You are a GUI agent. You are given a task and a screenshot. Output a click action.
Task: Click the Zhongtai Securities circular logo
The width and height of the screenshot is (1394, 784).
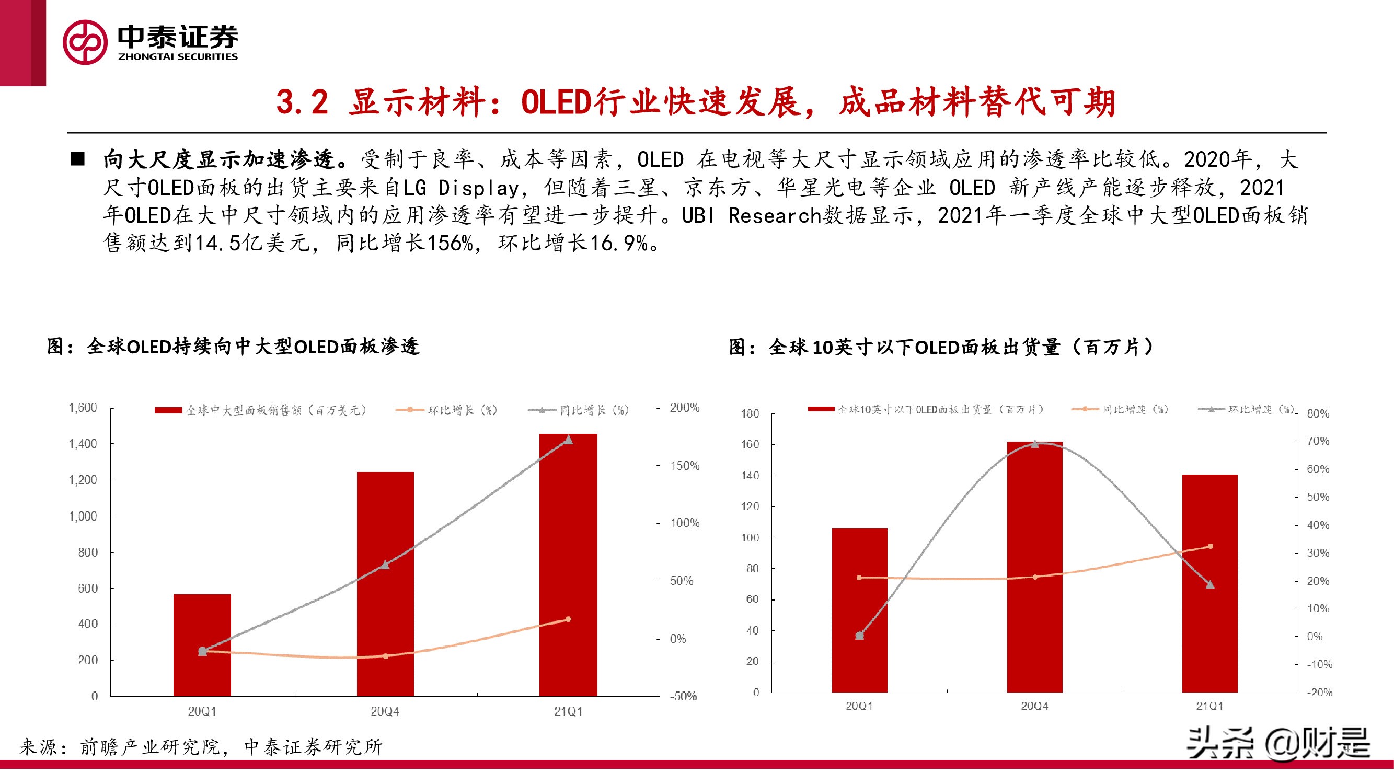85,42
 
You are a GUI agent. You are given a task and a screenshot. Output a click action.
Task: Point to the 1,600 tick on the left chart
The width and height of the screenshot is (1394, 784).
83,408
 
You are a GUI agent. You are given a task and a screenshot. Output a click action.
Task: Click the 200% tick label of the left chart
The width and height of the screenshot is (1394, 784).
685,408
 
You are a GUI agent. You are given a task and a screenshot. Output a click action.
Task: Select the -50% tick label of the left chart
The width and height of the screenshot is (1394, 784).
684,696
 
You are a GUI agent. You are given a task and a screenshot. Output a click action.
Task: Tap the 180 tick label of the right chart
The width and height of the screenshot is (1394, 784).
751,414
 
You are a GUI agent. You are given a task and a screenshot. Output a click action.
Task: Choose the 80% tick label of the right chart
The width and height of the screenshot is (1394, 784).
1318,414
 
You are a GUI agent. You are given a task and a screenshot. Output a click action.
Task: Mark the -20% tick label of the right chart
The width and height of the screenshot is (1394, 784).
1319,693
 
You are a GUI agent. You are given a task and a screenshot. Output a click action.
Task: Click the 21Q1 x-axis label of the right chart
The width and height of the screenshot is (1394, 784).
1209,706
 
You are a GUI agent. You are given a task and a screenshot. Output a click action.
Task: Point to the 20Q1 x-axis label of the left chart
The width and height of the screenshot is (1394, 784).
202,711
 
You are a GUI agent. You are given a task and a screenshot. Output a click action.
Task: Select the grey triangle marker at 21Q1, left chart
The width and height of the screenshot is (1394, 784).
568,440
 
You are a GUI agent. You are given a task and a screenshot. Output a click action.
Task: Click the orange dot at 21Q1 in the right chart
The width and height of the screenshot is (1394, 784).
1211,547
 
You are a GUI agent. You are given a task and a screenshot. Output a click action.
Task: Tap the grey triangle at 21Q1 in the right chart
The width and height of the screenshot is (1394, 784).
1211,584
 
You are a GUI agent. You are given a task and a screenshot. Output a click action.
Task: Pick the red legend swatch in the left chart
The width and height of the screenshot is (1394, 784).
168,411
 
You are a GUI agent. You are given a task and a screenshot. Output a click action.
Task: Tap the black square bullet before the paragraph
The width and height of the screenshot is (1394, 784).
78,159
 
